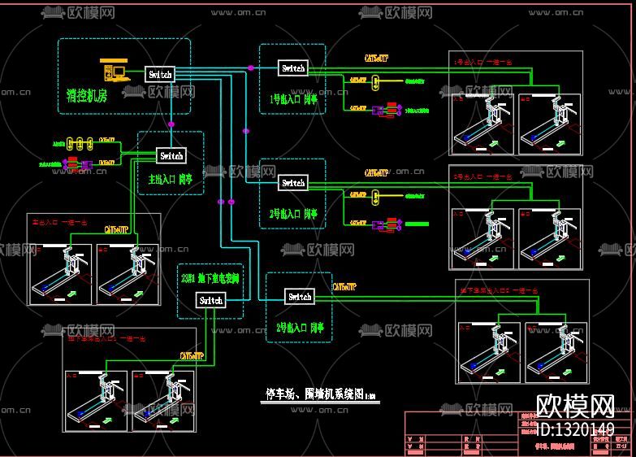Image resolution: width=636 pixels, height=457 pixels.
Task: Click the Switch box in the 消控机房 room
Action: (160, 74)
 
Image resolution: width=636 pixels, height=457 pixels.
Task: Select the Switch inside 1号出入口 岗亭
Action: (293, 68)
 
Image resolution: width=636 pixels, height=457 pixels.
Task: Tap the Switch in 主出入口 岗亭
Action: (171, 155)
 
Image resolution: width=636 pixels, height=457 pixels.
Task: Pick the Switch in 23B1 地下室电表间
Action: (210, 300)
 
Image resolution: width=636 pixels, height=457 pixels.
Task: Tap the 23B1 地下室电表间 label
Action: (210, 278)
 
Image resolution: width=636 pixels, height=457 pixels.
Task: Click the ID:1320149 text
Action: (577, 429)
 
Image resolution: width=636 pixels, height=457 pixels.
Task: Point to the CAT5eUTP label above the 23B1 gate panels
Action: (192, 355)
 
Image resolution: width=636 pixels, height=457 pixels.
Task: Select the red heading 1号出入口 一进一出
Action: (483, 61)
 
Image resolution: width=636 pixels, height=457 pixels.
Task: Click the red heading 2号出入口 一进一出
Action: (483, 176)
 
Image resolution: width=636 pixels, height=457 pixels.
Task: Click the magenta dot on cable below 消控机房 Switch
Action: (171, 124)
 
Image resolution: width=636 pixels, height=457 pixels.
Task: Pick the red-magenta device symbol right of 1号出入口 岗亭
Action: (387, 108)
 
